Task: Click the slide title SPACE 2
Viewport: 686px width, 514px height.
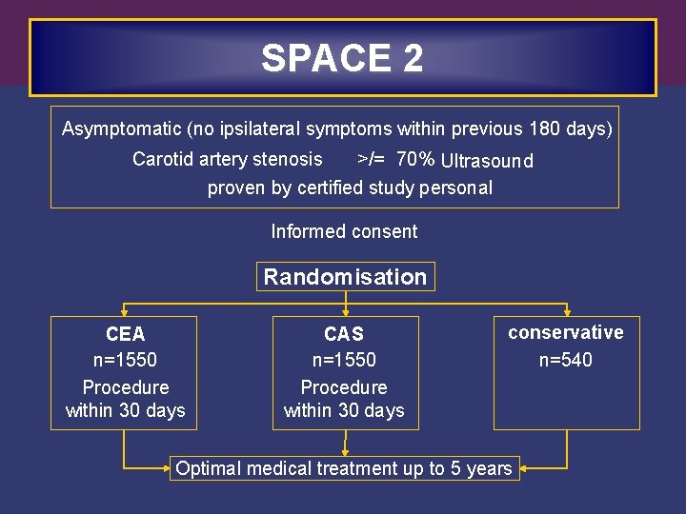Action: click(x=342, y=59)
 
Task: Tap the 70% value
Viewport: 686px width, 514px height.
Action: click(x=415, y=159)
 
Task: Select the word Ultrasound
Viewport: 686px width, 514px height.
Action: click(x=487, y=161)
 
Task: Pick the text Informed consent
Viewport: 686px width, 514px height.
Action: click(x=344, y=231)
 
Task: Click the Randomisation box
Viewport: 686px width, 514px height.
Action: click(x=345, y=277)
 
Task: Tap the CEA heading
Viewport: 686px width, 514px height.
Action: click(x=125, y=334)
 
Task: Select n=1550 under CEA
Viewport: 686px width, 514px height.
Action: click(x=125, y=360)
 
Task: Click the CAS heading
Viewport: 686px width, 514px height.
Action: click(x=344, y=334)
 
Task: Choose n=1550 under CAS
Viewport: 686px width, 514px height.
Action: click(x=344, y=360)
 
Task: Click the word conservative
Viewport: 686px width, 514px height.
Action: click(x=565, y=332)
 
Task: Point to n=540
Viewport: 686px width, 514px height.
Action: click(x=565, y=360)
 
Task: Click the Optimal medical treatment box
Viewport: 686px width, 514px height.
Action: click(x=344, y=468)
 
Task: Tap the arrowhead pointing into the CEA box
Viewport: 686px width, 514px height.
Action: click(x=125, y=311)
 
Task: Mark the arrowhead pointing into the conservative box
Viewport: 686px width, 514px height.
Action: click(x=568, y=311)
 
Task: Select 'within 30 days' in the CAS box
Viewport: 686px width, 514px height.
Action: click(x=344, y=411)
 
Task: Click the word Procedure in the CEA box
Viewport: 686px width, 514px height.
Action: click(x=125, y=387)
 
